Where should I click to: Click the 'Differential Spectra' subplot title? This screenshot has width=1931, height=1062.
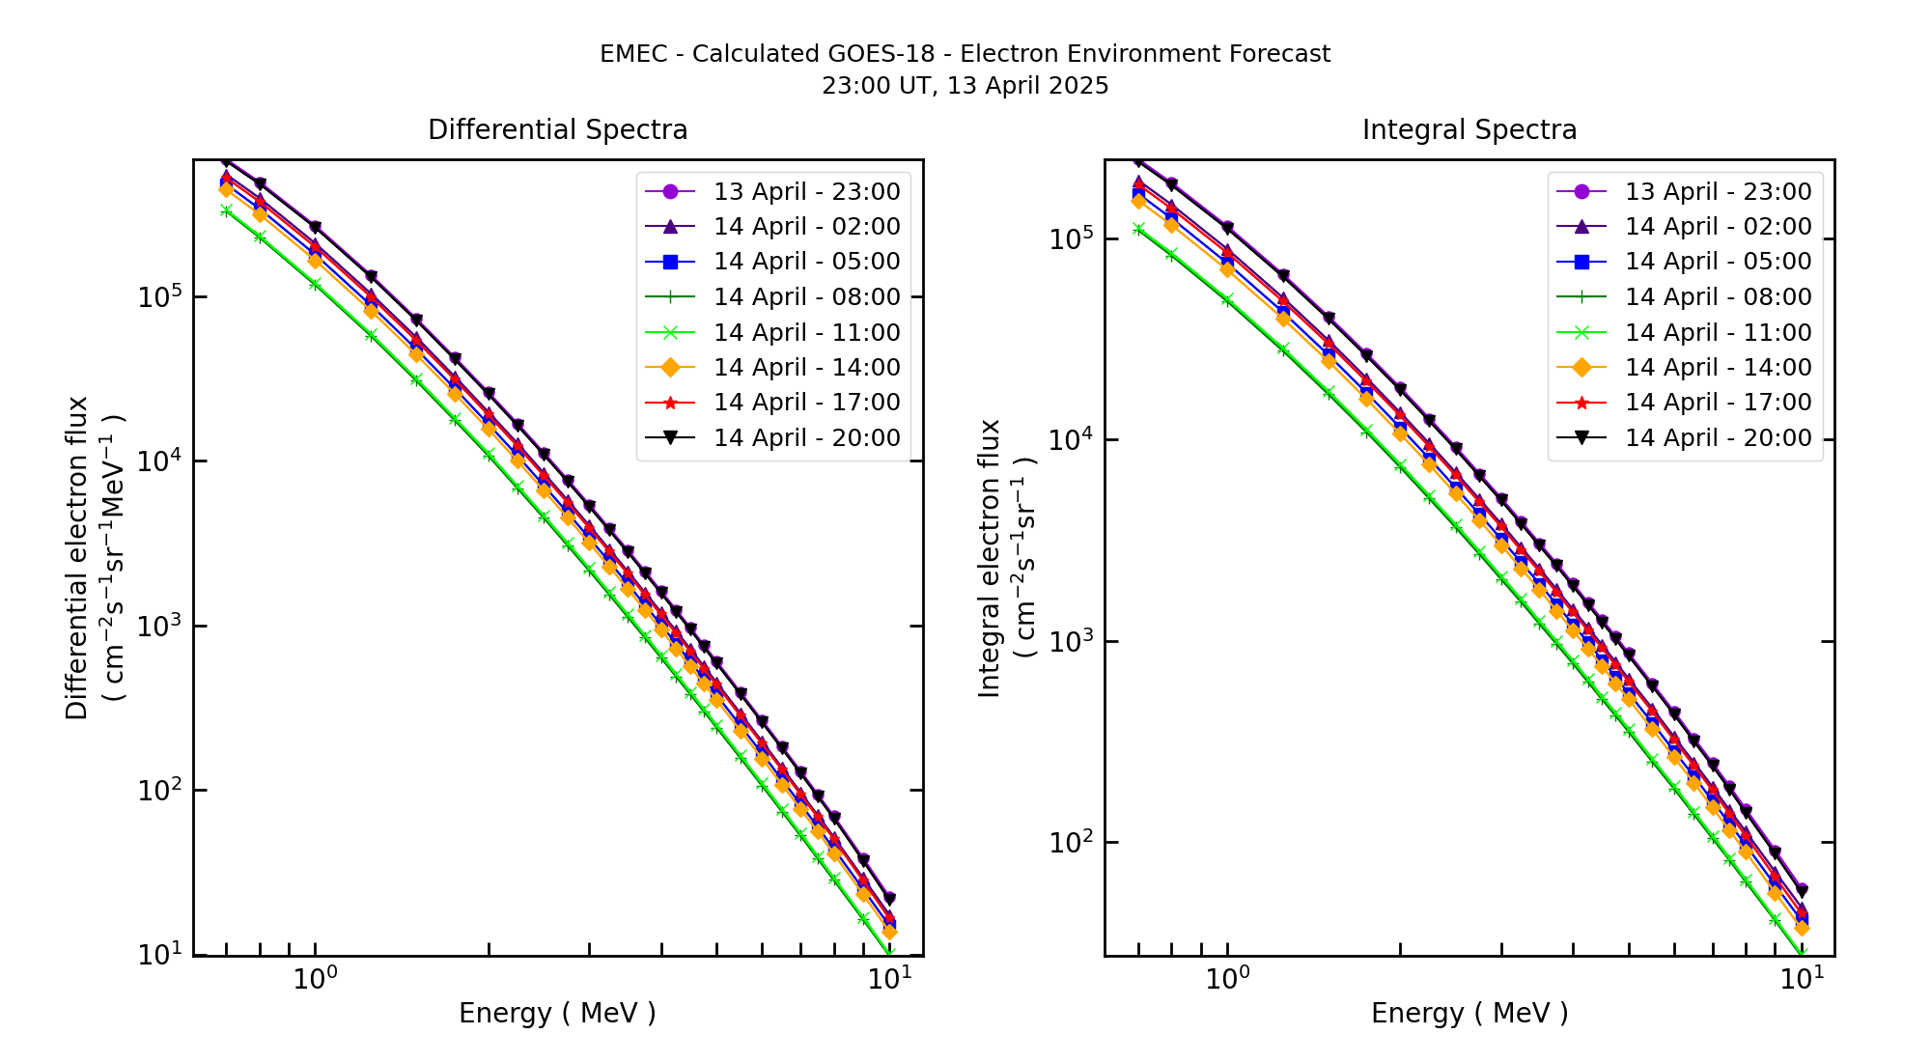(x=557, y=130)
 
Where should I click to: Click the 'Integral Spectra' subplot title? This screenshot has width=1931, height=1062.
(x=1469, y=130)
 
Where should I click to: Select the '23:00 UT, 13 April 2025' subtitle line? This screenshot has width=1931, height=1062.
(x=965, y=86)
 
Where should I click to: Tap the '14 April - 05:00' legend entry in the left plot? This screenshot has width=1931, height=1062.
(x=806, y=262)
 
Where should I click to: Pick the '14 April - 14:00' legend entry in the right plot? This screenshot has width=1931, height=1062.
(x=1718, y=368)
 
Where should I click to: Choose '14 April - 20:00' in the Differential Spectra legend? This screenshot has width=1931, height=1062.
(x=806, y=438)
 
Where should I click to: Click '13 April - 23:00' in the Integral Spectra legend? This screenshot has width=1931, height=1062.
(x=1718, y=191)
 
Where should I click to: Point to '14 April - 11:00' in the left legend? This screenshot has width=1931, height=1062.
(x=806, y=333)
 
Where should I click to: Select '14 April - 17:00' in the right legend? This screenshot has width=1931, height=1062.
(x=1718, y=403)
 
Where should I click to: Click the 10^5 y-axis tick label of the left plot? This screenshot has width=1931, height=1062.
(x=159, y=295)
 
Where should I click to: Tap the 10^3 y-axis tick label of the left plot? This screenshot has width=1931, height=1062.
(x=159, y=625)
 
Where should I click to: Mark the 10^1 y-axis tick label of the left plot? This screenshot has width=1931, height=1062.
(x=159, y=954)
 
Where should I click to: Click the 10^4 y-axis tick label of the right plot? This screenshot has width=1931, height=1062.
(x=1071, y=438)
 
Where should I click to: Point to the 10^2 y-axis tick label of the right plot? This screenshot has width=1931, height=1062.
(x=1071, y=841)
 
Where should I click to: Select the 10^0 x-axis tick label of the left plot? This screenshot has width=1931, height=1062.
(x=315, y=979)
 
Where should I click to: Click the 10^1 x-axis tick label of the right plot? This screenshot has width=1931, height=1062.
(x=1802, y=979)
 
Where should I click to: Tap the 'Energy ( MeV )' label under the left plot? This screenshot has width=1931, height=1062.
(x=557, y=1013)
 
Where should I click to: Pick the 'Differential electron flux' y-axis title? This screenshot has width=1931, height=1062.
(x=78, y=558)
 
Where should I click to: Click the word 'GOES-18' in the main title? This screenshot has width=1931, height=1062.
(x=889, y=54)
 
